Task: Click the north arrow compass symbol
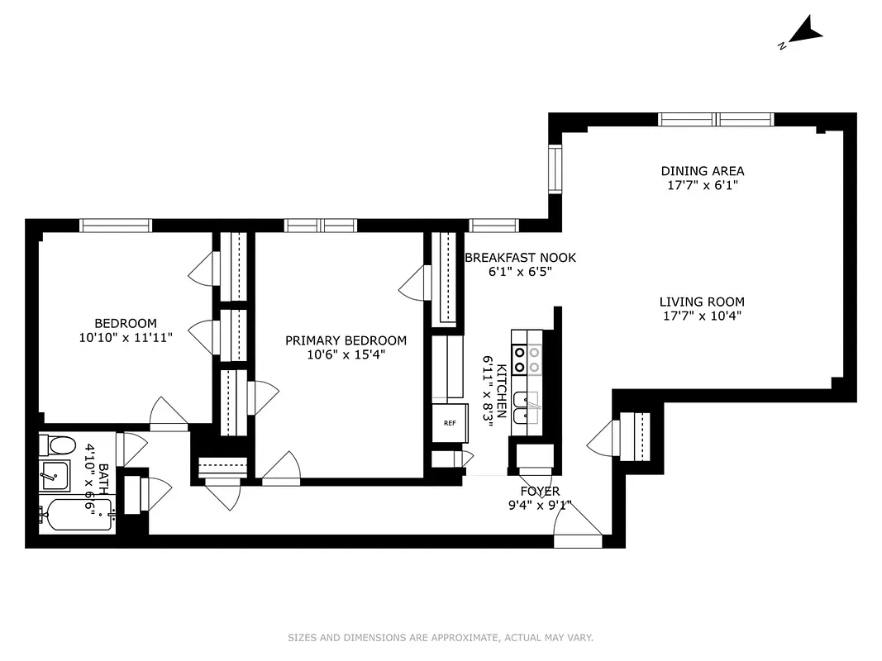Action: [x=803, y=35]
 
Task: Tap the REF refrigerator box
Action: [x=450, y=423]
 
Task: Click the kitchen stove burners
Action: [x=526, y=358]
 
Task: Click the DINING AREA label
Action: [x=702, y=171]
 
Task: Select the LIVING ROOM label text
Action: [x=702, y=302]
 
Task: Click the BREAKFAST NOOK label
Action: [x=520, y=257]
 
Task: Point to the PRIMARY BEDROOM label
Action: [x=346, y=340]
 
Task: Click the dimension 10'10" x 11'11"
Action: [x=125, y=337]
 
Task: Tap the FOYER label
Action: [x=540, y=492]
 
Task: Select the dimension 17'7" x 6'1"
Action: [x=702, y=186]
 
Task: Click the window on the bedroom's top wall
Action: [x=116, y=225]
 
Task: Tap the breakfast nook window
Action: [x=493, y=225]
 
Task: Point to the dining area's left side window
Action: [x=555, y=169]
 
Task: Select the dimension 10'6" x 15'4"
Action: [x=346, y=354]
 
